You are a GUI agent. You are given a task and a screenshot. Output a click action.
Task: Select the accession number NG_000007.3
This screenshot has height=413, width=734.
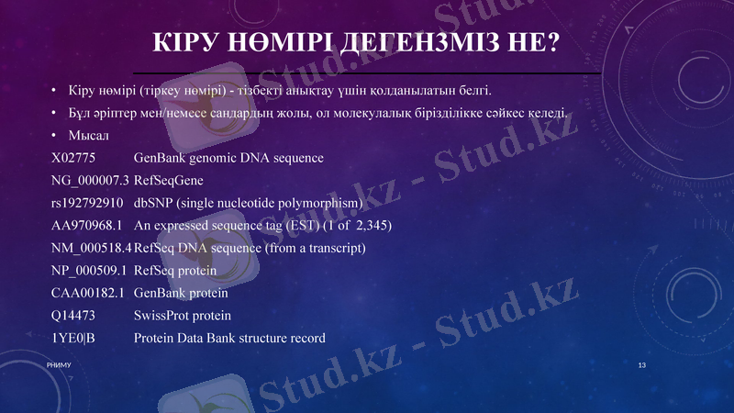(90, 181)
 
